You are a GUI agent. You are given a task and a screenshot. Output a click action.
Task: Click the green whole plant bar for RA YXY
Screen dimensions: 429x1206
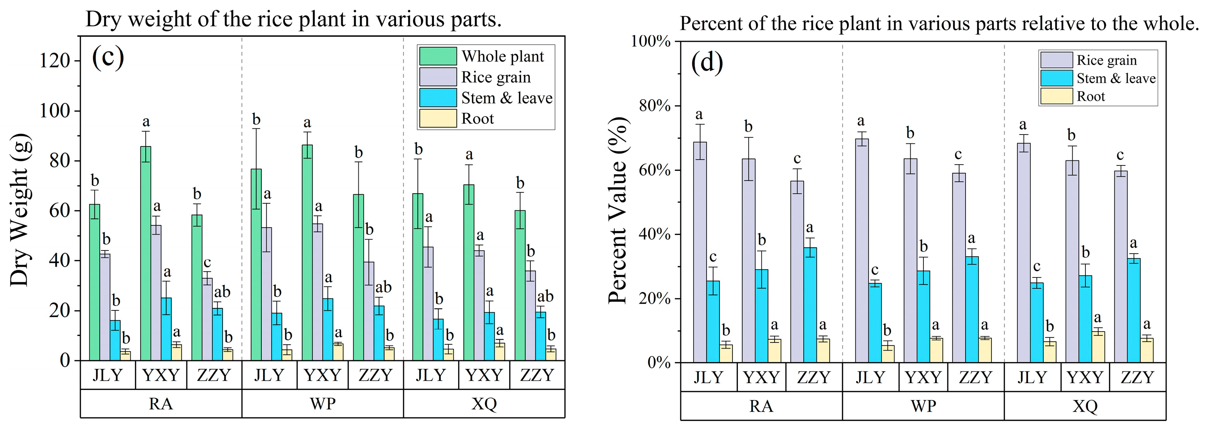[146, 253]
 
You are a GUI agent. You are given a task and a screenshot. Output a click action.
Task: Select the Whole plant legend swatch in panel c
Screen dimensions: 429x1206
[437, 56]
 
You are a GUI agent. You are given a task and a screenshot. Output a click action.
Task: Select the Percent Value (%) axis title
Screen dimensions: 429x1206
[618, 210]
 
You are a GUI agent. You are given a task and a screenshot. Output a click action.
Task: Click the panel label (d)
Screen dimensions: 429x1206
[707, 63]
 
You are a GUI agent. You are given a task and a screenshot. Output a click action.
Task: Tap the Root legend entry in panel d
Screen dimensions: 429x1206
[1090, 97]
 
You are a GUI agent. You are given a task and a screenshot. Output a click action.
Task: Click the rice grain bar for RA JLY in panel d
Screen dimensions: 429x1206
[700, 252]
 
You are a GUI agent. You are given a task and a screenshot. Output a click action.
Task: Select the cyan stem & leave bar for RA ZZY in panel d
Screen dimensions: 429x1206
[810, 305]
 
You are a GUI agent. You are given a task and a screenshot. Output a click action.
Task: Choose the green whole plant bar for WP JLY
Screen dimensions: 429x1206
[256, 265]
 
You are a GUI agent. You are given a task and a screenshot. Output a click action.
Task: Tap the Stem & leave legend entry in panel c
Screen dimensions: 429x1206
[506, 98]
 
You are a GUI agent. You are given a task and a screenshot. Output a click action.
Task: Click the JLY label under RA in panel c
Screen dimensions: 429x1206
[108, 376]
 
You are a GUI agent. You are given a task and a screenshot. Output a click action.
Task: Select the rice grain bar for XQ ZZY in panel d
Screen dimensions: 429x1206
[1120, 266]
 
